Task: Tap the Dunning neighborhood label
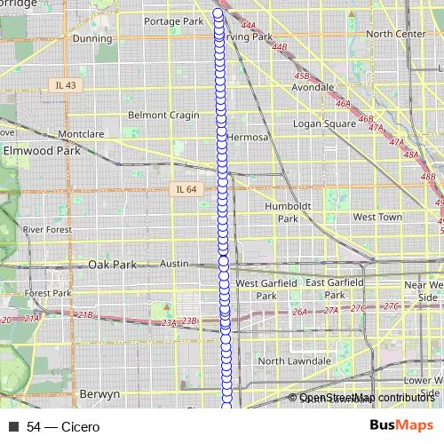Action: (x=92, y=38)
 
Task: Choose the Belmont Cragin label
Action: (x=164, y=115)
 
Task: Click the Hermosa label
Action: (x=247, y=138)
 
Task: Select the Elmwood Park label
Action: (x=42, y=151)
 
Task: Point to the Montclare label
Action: (x=81, y=134)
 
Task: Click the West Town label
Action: (x=377, y=217)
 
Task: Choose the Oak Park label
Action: (x=113, y=265)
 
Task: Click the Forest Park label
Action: (x=48, y=293)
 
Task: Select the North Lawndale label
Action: (x=295, y=361)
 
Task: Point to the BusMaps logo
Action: (x=401, y=426)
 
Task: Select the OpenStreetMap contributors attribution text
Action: (x=367, y=398)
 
